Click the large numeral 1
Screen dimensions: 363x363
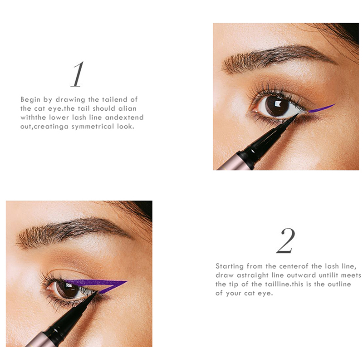[x=78, y=74]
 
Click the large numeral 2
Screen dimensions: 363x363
[x=286, y=240]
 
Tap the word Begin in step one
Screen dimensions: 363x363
[x=30, y=99]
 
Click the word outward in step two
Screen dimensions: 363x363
[x=301, y=275]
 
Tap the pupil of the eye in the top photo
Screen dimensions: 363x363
[x=277, y=106]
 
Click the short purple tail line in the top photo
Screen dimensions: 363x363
[x=322, y=108]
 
